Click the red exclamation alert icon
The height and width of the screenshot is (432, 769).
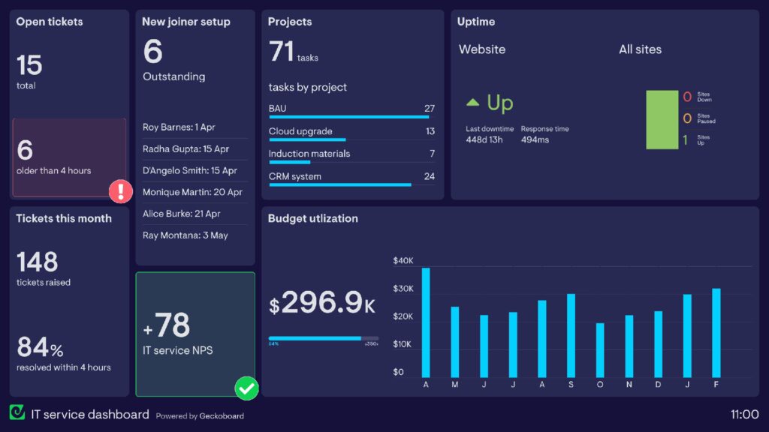121,192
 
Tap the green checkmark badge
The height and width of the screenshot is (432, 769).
246,388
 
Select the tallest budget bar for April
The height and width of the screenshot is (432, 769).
426,322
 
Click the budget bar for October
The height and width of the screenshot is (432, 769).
600,350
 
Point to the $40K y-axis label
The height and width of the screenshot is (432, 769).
403,261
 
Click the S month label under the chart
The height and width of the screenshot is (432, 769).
571,385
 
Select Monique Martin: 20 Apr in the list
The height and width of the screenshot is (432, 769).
192,193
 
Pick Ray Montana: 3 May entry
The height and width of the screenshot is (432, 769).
185,235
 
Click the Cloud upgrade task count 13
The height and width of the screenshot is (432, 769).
430,131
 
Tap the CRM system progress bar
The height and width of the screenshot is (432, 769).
340,184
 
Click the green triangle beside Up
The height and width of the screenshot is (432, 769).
472,102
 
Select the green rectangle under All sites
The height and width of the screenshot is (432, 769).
662,120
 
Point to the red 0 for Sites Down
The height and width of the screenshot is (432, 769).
687,97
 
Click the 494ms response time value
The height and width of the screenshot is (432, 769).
535,140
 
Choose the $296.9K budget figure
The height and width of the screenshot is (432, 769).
322,303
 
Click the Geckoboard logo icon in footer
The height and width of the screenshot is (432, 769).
17,412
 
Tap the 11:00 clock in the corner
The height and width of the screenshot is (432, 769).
744,414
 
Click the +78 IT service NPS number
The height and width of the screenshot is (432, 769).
167,326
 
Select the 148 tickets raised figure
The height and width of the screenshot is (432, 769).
38,262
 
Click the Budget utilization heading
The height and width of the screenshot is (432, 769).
313,219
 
